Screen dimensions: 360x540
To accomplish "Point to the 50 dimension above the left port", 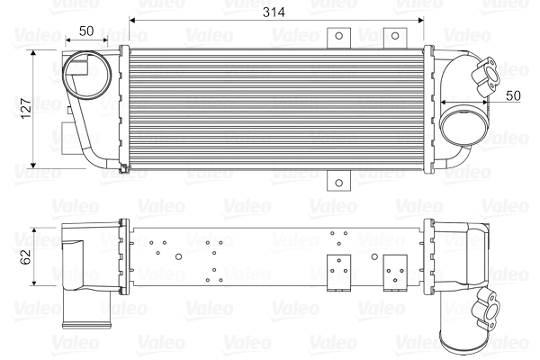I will coord(87,31).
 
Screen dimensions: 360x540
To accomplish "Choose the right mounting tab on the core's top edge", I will coord(392,36).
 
